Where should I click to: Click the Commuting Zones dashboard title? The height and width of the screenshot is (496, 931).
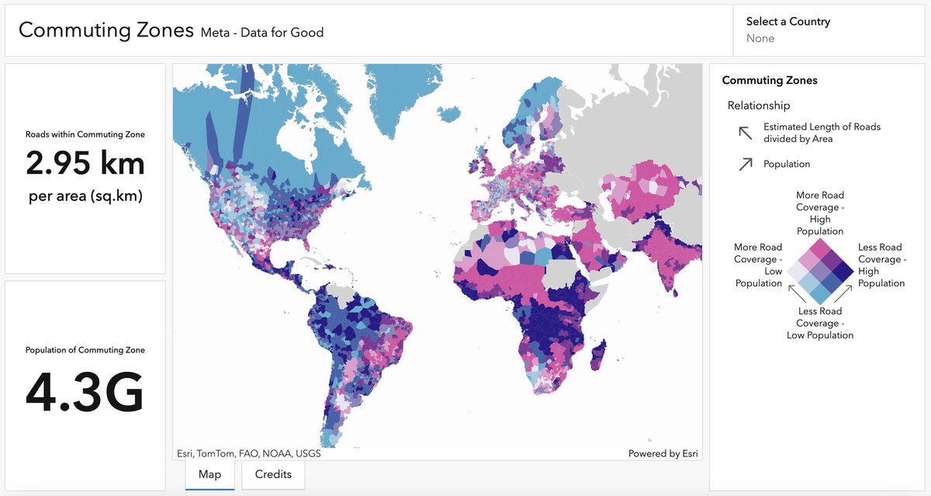pyautogui.click(x=106, y=30)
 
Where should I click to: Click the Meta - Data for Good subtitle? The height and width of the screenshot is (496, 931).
pyautogui.click(x=261, y=33)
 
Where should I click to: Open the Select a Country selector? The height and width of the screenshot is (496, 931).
pyautogui.click(x=787, y=29)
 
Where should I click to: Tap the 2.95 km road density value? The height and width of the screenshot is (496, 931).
pyautogui.click(x=85, y=164)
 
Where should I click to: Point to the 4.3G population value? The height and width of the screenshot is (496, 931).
pyautogui.click(x=85, y=393)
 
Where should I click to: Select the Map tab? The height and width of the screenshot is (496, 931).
pyautogui.click(x=209, y=474)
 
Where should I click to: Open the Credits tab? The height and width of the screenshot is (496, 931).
pyautogui.click(x=273, y=474)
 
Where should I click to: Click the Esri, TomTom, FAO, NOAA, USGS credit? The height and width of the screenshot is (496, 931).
pyautogui.click(x=248, y=453)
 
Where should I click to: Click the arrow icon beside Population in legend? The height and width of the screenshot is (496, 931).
pyautogui.click(x=746, y=164)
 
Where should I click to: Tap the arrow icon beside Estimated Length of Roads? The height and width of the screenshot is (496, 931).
pyautogui.click(x=746, y=133)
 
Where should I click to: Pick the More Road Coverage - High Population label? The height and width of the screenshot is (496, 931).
pyautogui.click(x=820, y=213)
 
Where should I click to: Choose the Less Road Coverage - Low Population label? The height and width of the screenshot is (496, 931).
pyautogui.click(x=820, y=323)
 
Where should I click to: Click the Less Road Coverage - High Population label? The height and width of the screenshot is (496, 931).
pyautogui.click(x=881, y=265)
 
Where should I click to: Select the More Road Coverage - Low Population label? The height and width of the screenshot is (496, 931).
pyautogui.click(x=758, y=265)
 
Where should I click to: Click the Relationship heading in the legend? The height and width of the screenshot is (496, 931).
pyautogui.click(x=759, y=106)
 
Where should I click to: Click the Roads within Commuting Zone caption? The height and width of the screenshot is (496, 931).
pyautogui.click(x=85, y=134)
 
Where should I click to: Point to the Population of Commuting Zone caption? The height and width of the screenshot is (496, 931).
pyautogui.click(x=85, y=350)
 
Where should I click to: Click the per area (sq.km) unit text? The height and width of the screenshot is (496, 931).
pyautogui.click(x=85, y=196)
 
